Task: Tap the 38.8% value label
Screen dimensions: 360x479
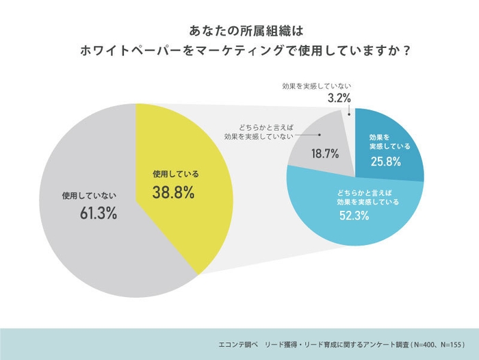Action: (x=173, y=193)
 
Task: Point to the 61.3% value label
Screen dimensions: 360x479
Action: (x=98, y=213)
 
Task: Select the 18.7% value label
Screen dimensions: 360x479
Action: (x=325, y=154)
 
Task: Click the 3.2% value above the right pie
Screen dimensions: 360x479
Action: (x=339, y=99)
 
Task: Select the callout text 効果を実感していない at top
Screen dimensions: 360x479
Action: (x=317, y=86)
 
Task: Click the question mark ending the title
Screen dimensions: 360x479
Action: (x=406, y=52)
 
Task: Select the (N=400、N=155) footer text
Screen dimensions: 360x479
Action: (x=430, y=345)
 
